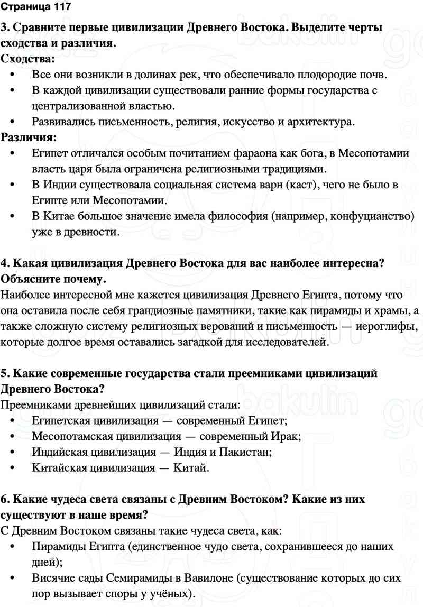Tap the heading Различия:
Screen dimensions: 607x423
[x=30, y=138]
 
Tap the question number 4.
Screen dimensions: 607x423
[x=5, y=263]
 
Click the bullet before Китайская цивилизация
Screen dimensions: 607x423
[x=13, y=468]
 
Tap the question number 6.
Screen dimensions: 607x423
[x=5, y=499]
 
